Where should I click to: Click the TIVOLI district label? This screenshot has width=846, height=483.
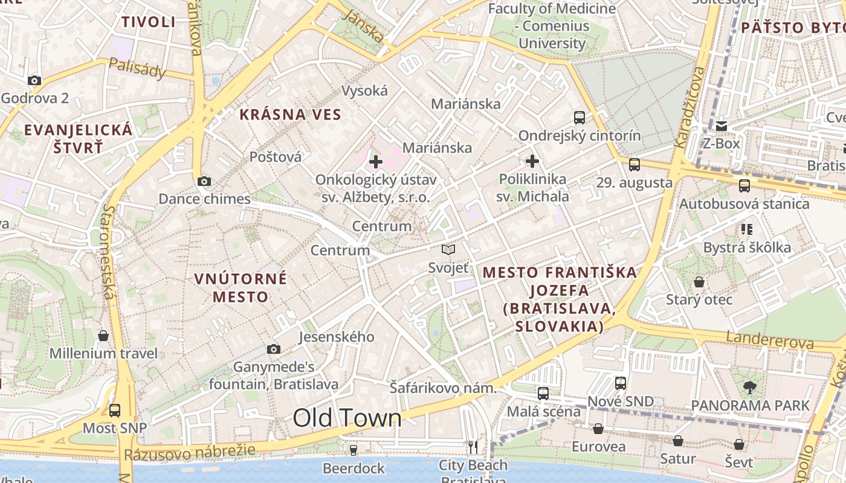tap(148, 22)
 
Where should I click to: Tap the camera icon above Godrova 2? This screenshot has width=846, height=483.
tap(34, 80)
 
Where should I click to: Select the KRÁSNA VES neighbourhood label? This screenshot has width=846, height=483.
tap(290, 114)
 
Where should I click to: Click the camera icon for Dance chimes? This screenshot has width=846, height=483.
tap(204, 181)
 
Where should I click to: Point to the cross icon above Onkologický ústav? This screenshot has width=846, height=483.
tap(376, 161)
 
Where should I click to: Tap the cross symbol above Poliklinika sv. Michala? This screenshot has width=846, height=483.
tap(532, 161)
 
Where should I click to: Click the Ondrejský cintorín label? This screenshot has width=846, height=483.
tap(580, 135)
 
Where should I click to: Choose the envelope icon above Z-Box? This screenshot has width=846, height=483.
tap(722, 126)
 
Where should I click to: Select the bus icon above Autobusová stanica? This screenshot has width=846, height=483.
tap(744, 186)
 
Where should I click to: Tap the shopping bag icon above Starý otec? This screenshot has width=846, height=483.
tap(699, 282)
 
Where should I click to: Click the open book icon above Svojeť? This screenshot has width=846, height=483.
tap(448, 249)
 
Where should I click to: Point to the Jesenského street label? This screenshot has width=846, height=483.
tap(337, 336)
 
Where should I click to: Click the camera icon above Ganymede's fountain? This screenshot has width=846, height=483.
tap(274, 349)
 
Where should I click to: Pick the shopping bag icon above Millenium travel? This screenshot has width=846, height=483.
tap(103, 336)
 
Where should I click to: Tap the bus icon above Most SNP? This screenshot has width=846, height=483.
tap(115, 411)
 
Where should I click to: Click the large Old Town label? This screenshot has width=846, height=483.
tap(347, 418)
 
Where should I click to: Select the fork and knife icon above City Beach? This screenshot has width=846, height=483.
tap(473, 447)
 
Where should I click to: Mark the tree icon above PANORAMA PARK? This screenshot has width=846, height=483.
tap(750, 387)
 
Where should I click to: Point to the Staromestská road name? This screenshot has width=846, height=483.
tap(108, 251)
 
